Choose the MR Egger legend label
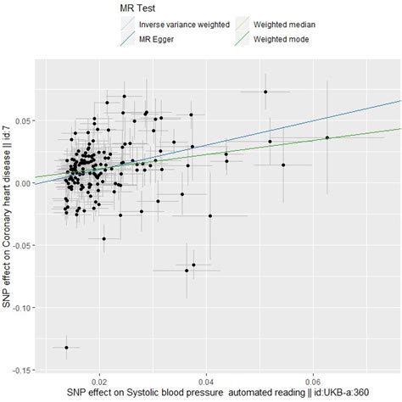tap(159, 39)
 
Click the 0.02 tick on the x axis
tap(101, 381)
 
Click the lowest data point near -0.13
tap(66, 347)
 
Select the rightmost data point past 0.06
tap(327, 137)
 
